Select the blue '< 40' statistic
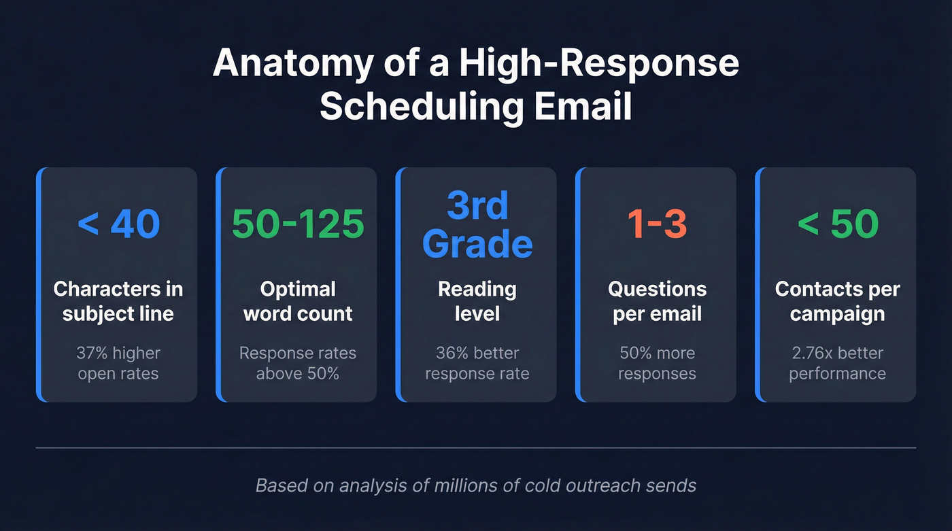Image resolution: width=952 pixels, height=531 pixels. pos(118,224)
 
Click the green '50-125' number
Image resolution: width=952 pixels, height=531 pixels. pos(298,224)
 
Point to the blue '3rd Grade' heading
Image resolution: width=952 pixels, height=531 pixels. pos(477,224)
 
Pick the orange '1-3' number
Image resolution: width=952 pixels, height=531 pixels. pos(657,224)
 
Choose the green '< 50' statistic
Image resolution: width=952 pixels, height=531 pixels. pos(837,224)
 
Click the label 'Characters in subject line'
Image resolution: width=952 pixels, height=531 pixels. pos(118,301)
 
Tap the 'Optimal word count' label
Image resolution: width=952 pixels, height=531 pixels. pos(298,301)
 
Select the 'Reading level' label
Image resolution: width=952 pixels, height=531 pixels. pos(477,301)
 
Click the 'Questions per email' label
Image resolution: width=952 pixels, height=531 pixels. pos(657,301)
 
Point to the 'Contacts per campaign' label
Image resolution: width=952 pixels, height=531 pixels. pos(837,301)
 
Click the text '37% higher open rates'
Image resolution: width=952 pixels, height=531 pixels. pos(118,363)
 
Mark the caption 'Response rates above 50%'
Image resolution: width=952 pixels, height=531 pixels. pos(298,363)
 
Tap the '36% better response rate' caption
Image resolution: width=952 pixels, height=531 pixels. pos(477,363)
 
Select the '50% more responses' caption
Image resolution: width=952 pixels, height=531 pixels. pos(657,363)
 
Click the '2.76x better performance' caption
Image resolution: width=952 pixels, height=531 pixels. pos(837,363)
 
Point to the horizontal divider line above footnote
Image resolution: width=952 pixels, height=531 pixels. pos(476,448)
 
